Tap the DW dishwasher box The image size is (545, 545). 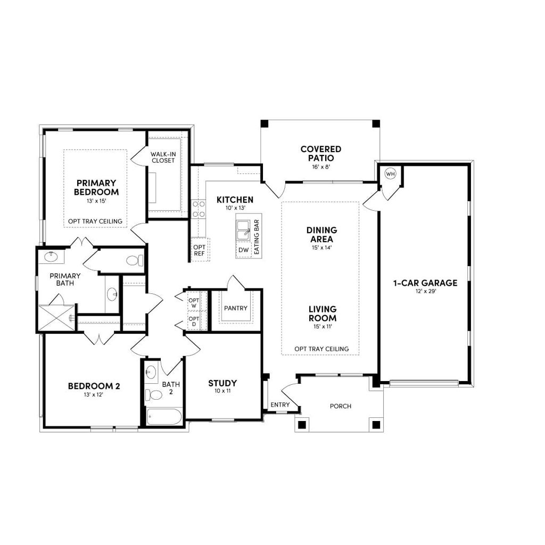pyautogui.click(x=244, y=250)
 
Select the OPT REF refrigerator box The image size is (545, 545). pyautogui.click(x=200, y=250)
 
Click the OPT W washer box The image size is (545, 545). pyautogui.click(x=193, y=303)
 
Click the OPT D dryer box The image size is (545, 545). pyautogui.click(x=193, y=321)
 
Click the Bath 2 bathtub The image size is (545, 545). pyautogui.click(x=164, y=416)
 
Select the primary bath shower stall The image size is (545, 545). pyautogui.click(x=55, y=318)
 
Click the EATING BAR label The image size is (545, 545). pyautogui.click(x=257, y=236)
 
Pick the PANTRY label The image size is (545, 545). pyautogui.click(x=234, y=308)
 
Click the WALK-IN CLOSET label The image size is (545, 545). pyautogui.click(x=163, y=157)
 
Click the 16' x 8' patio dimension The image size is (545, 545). pyautogui.click(x=320, y=167)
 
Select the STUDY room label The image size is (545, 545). pyautogui.click(x=222, y=383)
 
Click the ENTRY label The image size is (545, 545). pyautogui.click(x=280, y=405)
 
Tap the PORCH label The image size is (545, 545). pyautogui.click(x=340, y=406)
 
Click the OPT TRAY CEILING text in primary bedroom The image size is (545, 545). pyautogui.click(x=95, y=221)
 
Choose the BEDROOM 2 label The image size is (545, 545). pyautogui.click(x=94, y=386)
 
